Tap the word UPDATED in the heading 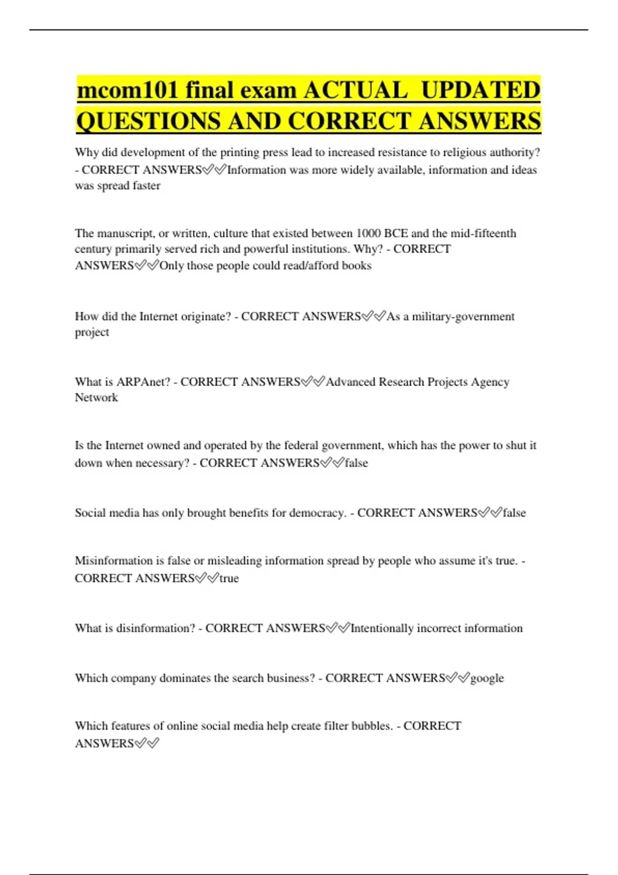point(480,91)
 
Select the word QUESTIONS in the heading point(148,121)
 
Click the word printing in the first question point(240,152)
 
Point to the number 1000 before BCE point(368,233)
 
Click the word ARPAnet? point(143,382)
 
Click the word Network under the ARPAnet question point(96,397)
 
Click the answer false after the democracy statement point(514,513)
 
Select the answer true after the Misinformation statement point(229,578)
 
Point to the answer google point(487,678)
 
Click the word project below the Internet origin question point(92,332)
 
